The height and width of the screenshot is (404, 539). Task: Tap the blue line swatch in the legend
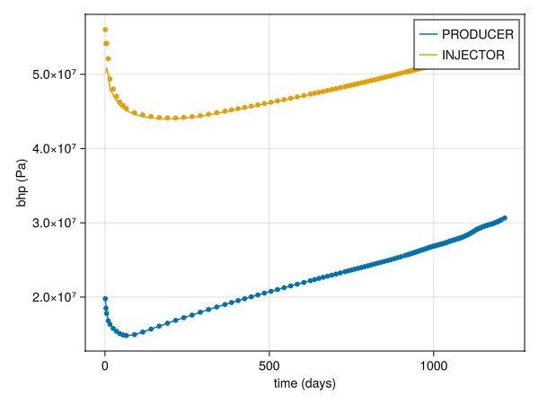[x=428, y=35]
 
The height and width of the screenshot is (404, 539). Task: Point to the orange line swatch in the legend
[x=428, y=55]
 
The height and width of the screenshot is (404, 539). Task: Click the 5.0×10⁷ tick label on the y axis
[x=53, y=74]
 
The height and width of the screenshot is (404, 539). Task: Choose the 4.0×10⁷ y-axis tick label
[x=53, y=148]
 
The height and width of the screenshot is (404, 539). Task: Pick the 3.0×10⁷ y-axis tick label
[x=53, y=223]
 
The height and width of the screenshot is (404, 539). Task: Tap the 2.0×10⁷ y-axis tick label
[x=53, y=297]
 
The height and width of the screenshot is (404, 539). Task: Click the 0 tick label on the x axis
[x=105, y=365]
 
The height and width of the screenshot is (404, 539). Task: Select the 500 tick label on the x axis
[x=269, y=365]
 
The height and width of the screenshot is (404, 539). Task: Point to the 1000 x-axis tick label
[x=433, y=365]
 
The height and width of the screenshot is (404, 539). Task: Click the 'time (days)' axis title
[x=305, y=384]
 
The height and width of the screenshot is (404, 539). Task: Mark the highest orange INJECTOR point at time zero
[x=105, y=30]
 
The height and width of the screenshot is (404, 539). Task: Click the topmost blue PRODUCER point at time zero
[x=105, y=298]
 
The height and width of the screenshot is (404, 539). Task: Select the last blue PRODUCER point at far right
[x=505, y=217]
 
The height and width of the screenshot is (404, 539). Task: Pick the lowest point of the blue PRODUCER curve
[x=127, y=335]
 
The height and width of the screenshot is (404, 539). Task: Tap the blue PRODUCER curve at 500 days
[x=269, y=292]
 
